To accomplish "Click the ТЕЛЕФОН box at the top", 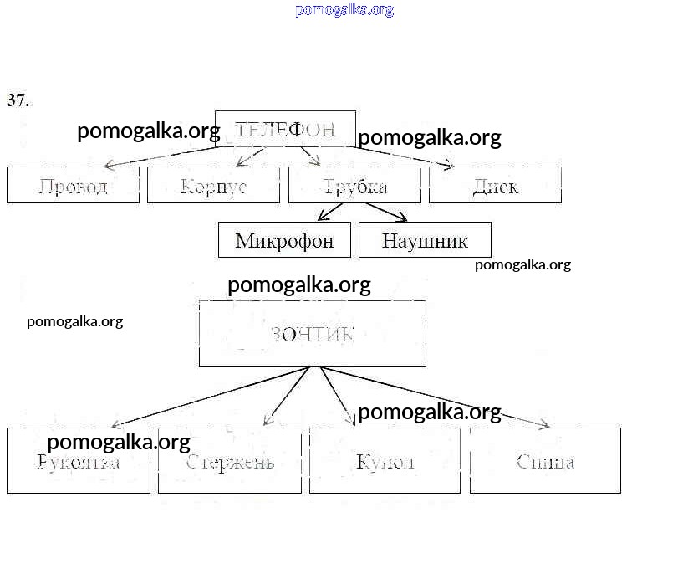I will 285,129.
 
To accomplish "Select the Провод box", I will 73,185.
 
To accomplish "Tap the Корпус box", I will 213,185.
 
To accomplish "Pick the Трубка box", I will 354,185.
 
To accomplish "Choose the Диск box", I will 495,185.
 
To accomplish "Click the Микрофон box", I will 284,240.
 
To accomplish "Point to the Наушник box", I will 425,240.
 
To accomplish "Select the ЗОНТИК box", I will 313,334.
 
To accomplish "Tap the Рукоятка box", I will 79,461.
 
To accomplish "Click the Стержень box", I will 230,461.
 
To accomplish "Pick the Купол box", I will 385,461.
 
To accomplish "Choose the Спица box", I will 545,461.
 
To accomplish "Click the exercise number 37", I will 18,100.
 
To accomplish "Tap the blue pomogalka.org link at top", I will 344,10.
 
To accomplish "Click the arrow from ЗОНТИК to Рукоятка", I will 209,397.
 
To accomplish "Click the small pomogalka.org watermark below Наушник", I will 522,265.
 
